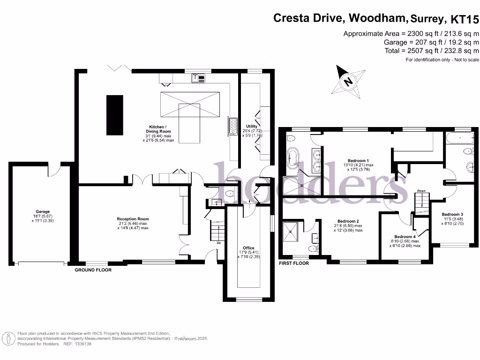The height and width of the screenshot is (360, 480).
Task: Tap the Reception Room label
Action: tap(133, 219)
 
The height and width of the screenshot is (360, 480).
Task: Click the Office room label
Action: tap(248, 248)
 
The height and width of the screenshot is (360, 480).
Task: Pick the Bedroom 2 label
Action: tap(348, 221)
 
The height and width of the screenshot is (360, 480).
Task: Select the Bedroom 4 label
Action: tap(404, 237)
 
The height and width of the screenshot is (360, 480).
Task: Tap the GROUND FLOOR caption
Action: tap(93, 270)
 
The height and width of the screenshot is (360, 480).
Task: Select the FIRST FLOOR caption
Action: tap(294, 264)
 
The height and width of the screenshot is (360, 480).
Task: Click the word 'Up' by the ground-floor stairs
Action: tap(218, 243)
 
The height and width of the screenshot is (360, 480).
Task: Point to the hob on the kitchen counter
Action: tap(232, 126)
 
